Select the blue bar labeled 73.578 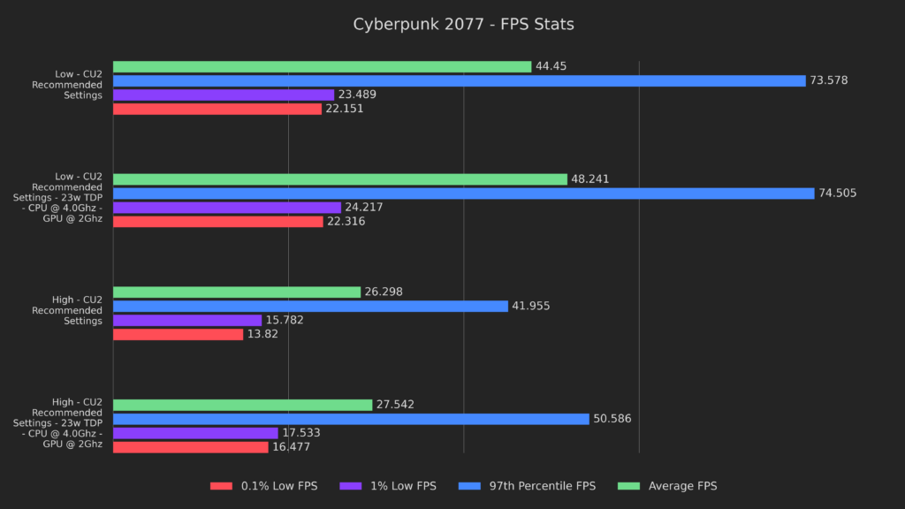point(460,80)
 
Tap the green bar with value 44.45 point(322,66)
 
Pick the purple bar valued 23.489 point(224,95)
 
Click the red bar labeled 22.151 point(217,109)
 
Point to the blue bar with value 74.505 point(463,194)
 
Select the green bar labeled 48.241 point(340,179)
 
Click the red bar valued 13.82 point(178,334)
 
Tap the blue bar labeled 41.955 point(310,306)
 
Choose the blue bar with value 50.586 point(351,419)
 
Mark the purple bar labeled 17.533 point(195,433)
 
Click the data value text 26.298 point(384,292)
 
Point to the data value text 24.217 point(363,208)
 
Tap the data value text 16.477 point(291,447)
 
